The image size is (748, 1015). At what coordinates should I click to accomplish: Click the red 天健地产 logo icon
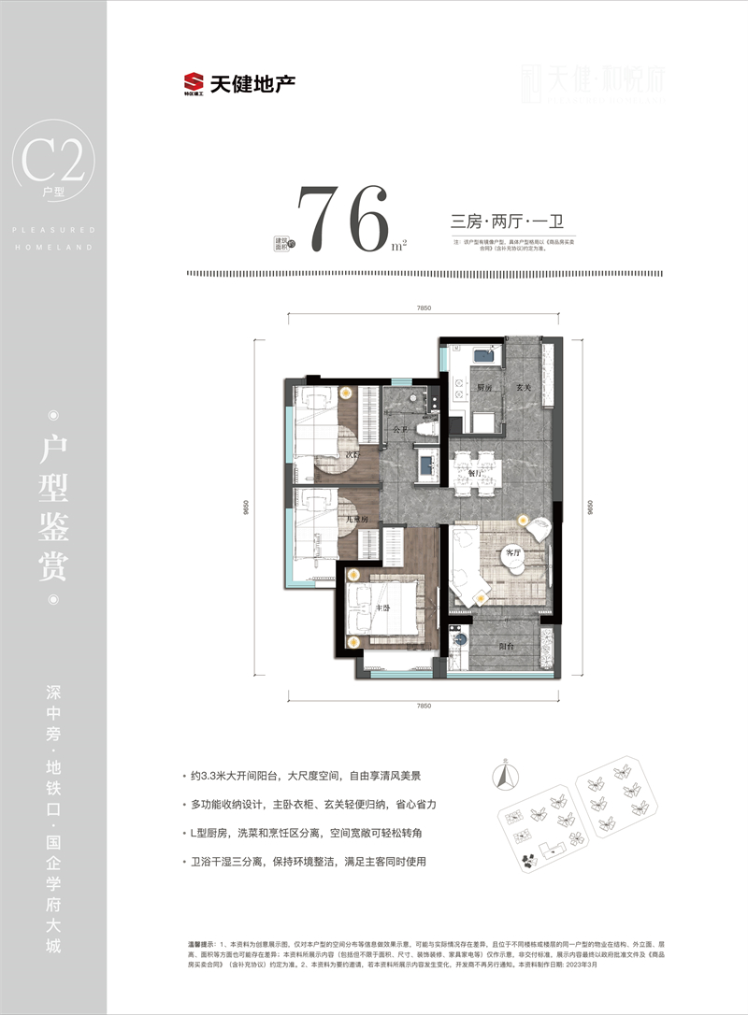coord(194,84)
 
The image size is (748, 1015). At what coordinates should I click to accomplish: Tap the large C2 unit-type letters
coord(53,162)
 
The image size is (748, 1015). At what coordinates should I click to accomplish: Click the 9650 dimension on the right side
coord(586,506)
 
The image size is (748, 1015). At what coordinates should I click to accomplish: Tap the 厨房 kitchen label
coord(483,386)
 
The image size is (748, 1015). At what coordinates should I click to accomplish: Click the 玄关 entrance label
coord(524,386)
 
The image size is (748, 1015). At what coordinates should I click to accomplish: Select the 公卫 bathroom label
coord(400,430)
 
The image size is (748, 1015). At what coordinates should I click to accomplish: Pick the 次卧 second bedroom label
coord(352,455)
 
